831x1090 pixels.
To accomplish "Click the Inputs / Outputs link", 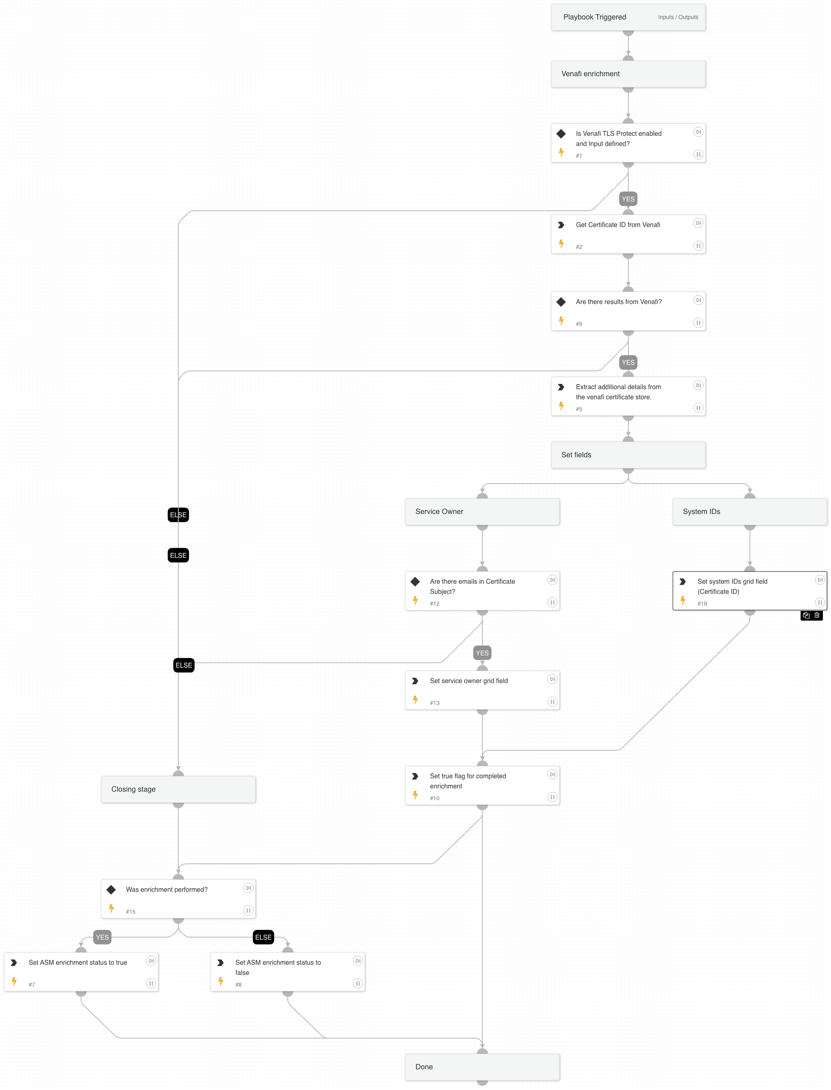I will pos(678,17).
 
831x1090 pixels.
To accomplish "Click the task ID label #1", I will pos(579,156).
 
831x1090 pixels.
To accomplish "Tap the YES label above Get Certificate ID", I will pos(628,199).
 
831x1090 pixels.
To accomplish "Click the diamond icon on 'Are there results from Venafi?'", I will pos(561,302).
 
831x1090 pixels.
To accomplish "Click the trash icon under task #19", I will pos(817,616).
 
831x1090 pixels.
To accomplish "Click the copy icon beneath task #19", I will pos(806,616).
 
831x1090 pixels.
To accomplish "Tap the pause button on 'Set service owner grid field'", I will pos(552,702).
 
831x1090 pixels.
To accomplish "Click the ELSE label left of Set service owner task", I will pos(184,665).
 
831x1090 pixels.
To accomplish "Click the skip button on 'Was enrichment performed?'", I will pos(248,888).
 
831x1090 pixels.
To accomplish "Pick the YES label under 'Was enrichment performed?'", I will pos(102,937).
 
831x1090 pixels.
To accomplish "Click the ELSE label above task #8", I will pos(263,937).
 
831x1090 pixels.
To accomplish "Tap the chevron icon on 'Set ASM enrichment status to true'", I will pos(14,962).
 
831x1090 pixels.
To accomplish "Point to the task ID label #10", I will pos(434,798).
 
